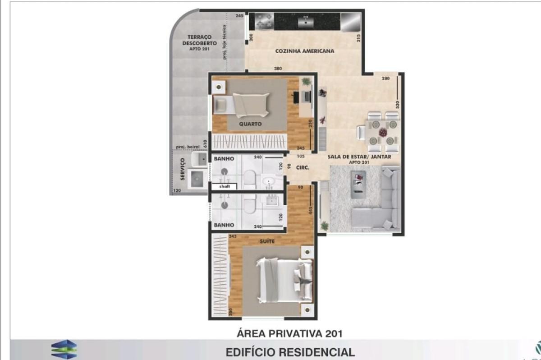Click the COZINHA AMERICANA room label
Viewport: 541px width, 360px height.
(305, 51)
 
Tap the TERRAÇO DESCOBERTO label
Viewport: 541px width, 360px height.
(197, 41)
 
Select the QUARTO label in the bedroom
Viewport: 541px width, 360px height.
(250, 124)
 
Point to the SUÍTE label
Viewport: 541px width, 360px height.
(267, 241)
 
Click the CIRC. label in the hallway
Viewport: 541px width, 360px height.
(302, 167)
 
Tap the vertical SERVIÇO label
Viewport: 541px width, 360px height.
(183, 169)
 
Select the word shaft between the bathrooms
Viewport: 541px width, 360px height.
(224, 186)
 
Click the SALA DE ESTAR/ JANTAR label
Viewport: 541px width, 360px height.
(359, 157)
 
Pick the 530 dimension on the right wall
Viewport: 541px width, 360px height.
(398, 105)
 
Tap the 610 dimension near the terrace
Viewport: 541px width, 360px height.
(205, 144)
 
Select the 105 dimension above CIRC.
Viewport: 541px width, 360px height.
(301, 157)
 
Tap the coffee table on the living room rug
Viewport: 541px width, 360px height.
(359, 183)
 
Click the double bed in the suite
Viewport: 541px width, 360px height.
(284, 280)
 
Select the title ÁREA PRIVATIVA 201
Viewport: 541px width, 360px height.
(289, 334)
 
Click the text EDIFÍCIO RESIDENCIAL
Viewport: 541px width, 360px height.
(289, 352)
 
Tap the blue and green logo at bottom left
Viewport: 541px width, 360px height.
(64, 350)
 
